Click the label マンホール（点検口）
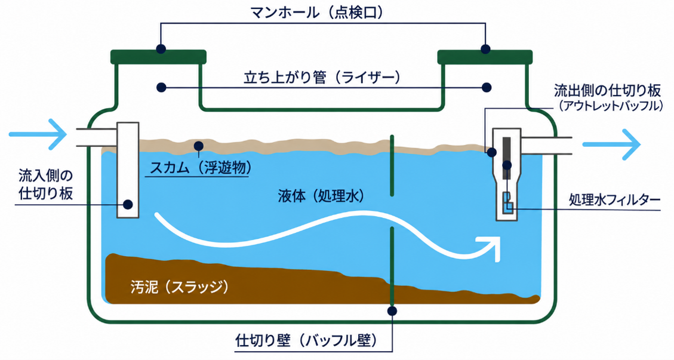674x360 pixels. [317, 13]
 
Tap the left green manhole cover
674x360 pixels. [159, 57]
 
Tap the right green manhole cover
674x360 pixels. [485, 57]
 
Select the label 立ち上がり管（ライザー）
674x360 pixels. [322, 78]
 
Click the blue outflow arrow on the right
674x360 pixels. [611, 144]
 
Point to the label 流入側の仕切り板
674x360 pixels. [45, 184]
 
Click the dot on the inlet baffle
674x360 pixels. [128, 204]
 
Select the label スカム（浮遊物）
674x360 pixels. [201, 168]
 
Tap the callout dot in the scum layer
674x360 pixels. [198, 146]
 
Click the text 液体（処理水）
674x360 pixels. [321, 196]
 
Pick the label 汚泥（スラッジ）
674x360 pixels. [179, 287]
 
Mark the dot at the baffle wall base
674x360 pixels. [392, 310]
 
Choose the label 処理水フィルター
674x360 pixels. [615, 199]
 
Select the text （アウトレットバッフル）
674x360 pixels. [611, 106]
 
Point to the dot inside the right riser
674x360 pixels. [486, 87]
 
